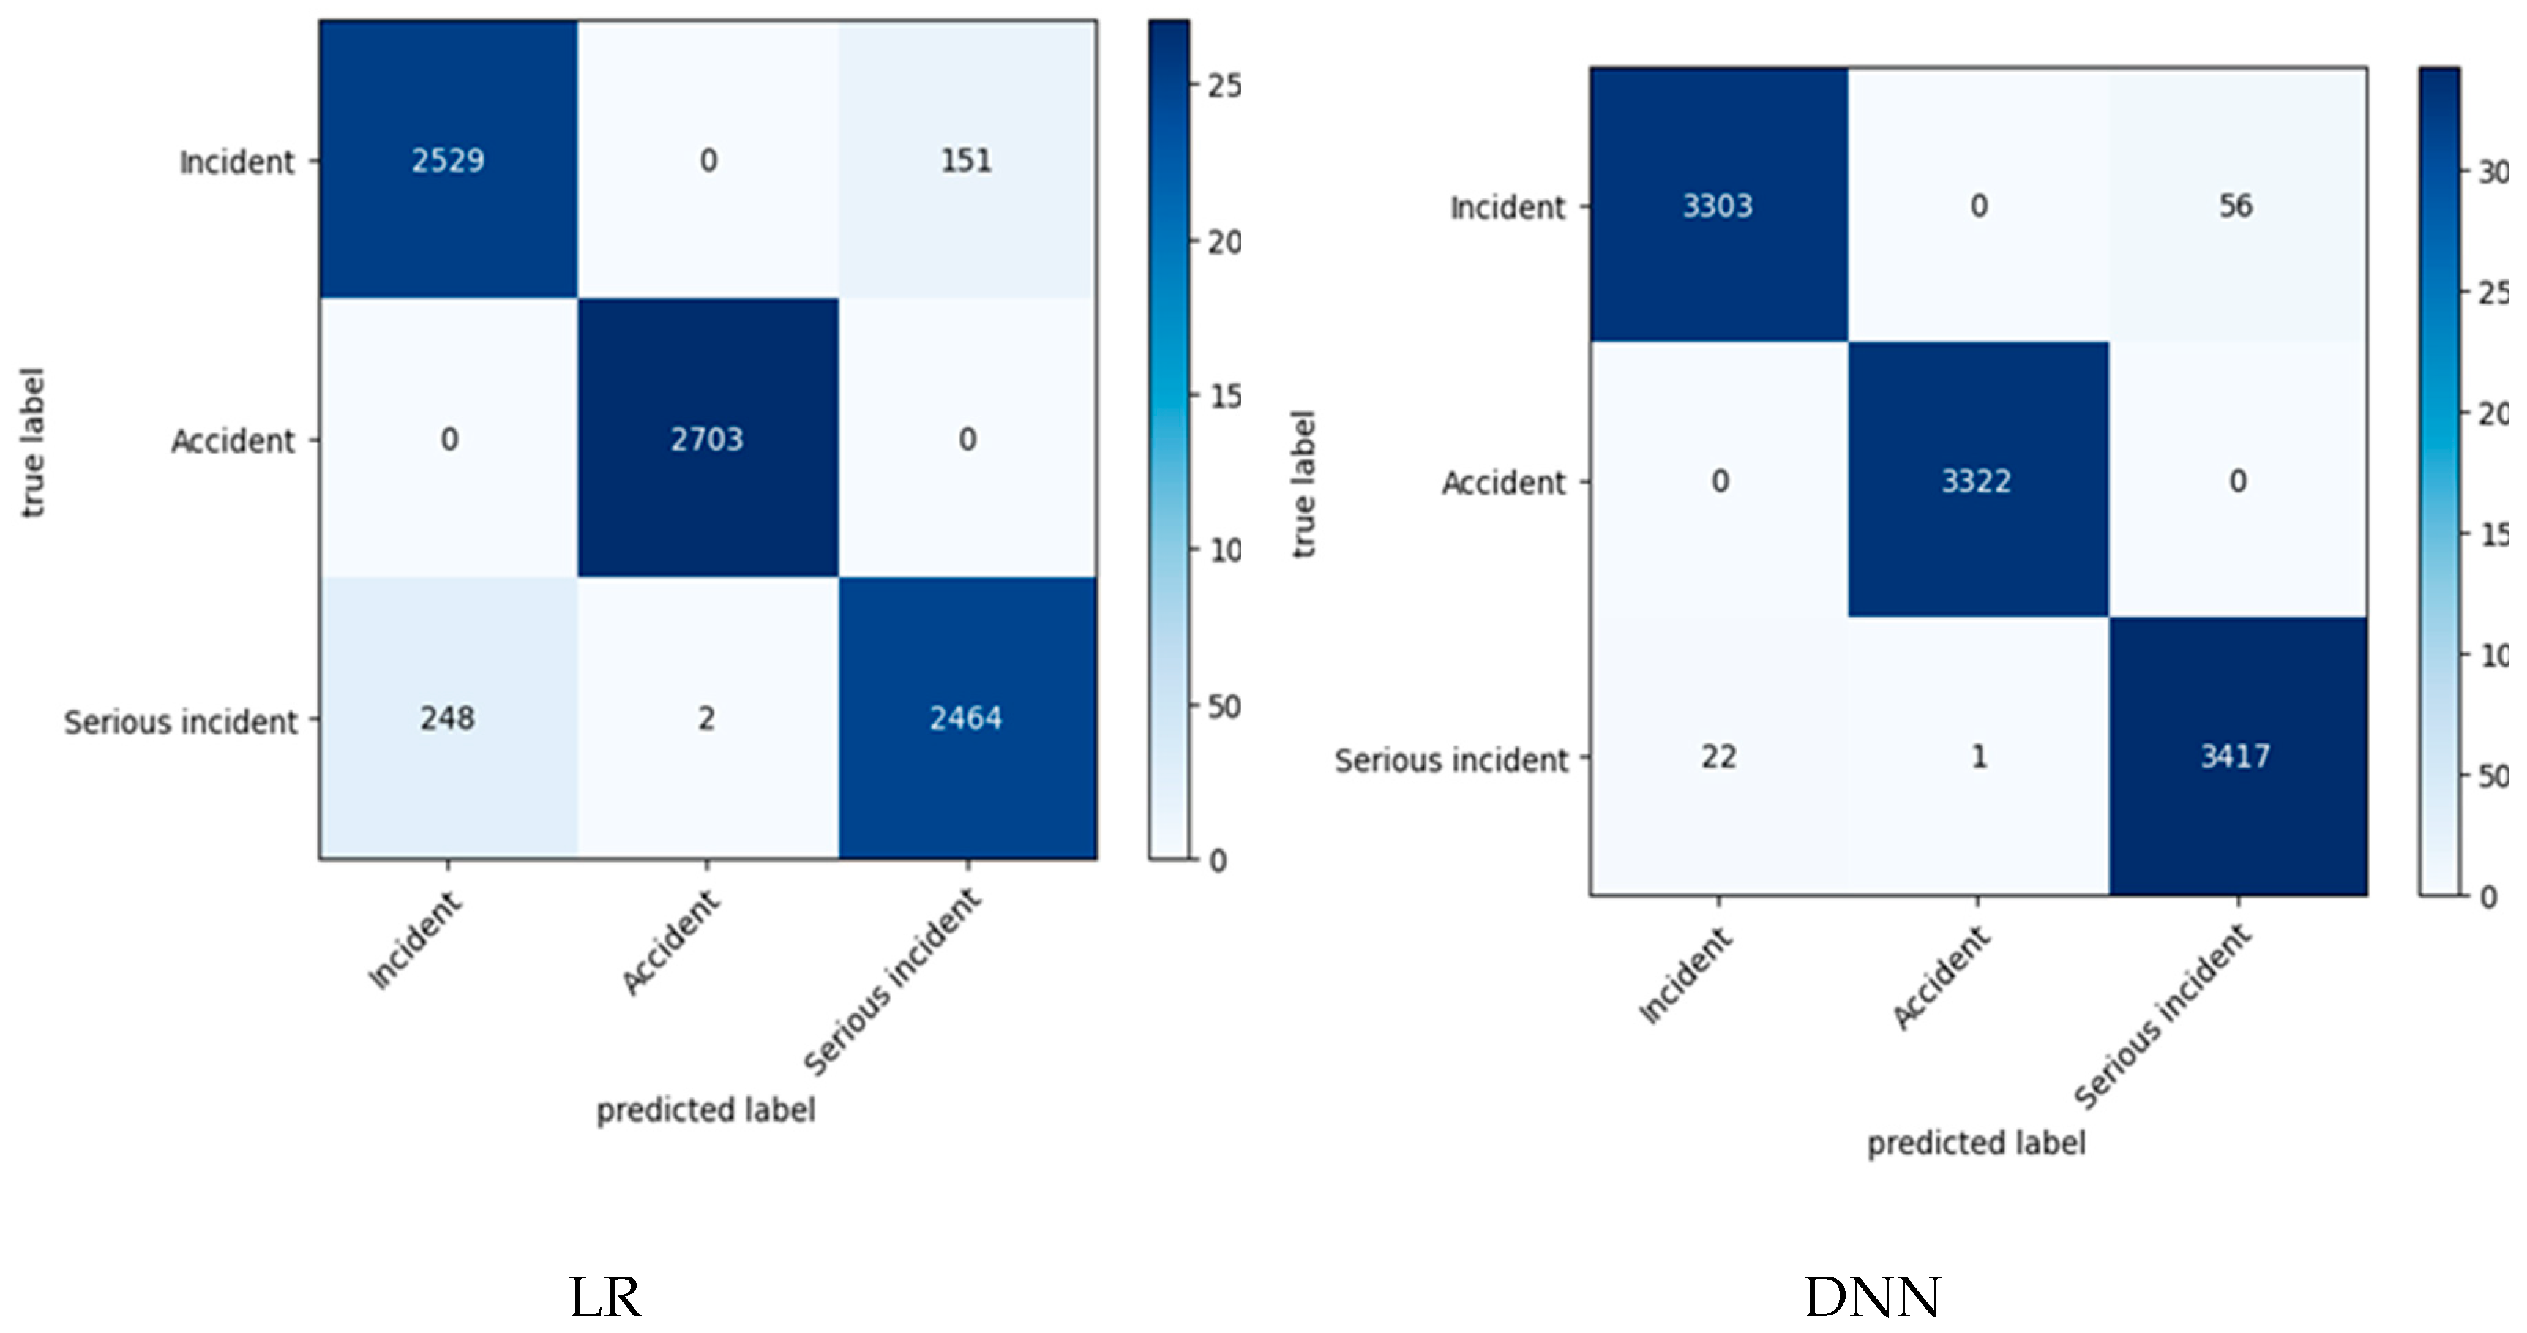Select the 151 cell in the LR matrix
pos(966,160)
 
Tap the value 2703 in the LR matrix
pos(706,438)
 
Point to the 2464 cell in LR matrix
pos(966,718)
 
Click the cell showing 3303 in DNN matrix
pos(1718,205)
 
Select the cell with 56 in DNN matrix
pos(2236,205)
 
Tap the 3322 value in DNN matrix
pos(1977,481)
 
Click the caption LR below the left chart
pos(605,1296)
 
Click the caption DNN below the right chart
pos(1872,1296)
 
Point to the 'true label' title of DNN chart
pos(1303,484)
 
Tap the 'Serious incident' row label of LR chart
pos(181,722)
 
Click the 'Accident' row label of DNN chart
pos(1503,483)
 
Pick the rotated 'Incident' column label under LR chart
pos(415,939)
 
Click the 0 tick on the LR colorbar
pos(1217,861)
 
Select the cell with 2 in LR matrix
pos(706,718)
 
